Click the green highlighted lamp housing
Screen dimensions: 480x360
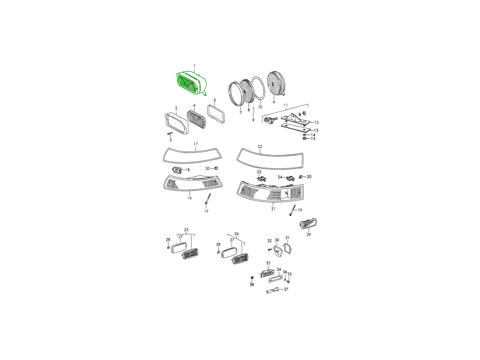[191, 84]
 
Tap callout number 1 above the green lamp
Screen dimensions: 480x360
[194, 66]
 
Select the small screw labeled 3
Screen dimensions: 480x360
[170, 133]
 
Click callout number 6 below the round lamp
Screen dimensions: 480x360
[274, 102]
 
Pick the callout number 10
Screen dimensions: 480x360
[260, 107]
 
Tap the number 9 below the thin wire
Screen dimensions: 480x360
[253, 120]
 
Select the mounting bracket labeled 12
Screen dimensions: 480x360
[295, 120]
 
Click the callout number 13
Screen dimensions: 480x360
[316, 130]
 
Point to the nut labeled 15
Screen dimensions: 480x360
[304, 138]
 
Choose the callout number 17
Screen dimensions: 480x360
[196, 144]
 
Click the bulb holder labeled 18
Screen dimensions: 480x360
[176, 170]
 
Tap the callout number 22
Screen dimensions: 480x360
[260, 146]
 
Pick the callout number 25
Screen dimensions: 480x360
[186, 230]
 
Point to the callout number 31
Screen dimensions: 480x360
[287, 238]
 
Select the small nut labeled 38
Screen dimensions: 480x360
[252, 278]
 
